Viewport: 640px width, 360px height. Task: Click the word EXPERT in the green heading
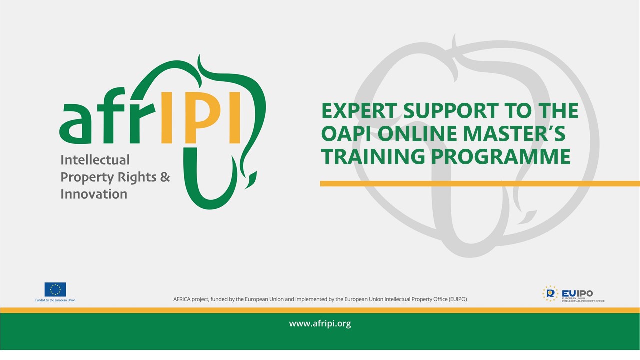point(359,111)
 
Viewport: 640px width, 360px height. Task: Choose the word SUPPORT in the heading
point(451,111)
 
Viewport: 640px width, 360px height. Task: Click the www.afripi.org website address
point(320,324)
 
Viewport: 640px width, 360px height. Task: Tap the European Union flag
point(55,289)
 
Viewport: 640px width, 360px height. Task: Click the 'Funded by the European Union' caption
point(55,300)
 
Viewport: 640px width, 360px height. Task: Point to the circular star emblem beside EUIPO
point(550,294)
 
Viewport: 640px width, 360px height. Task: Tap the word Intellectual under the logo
point(95,160)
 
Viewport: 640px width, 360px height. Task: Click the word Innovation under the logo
point(94,194)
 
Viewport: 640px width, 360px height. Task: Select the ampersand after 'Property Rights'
point(165,177)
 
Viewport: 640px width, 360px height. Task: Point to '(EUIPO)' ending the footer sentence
point(457,299)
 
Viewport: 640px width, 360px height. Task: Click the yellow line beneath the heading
point(480,183)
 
